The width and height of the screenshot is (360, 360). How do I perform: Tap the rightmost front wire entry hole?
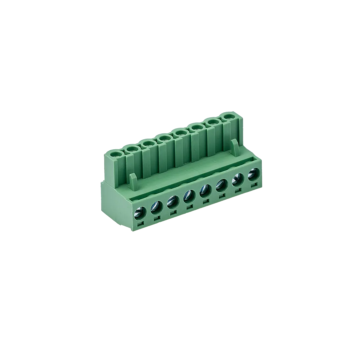pos(254,174)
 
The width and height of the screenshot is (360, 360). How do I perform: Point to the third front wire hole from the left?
pos(172,201)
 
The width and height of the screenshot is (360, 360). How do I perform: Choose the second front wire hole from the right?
pos(237,180)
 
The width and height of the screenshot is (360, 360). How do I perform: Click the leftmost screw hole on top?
pos(116,154)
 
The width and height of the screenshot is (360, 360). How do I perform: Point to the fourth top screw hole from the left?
pos(164,138)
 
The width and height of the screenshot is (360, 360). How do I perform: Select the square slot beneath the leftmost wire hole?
pos(141,223)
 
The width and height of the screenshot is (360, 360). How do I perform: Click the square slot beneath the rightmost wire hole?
pos(254,184)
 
